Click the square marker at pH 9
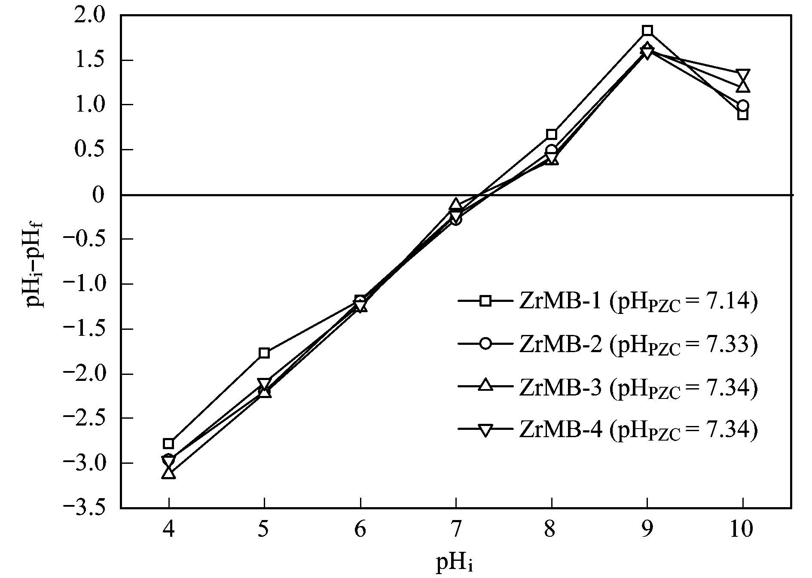[647, 30]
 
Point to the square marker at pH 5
[265, 353]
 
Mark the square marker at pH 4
[168, 444]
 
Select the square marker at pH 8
[552, 134]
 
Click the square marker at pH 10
[743, 115]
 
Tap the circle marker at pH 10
[743, 106]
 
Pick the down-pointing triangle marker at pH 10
[743, 75]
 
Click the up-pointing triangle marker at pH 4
[169, 473]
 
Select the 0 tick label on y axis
[99, 195]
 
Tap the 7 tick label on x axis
[456, 529]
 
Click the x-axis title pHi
[455, 563]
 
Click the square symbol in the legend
[485, 301]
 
